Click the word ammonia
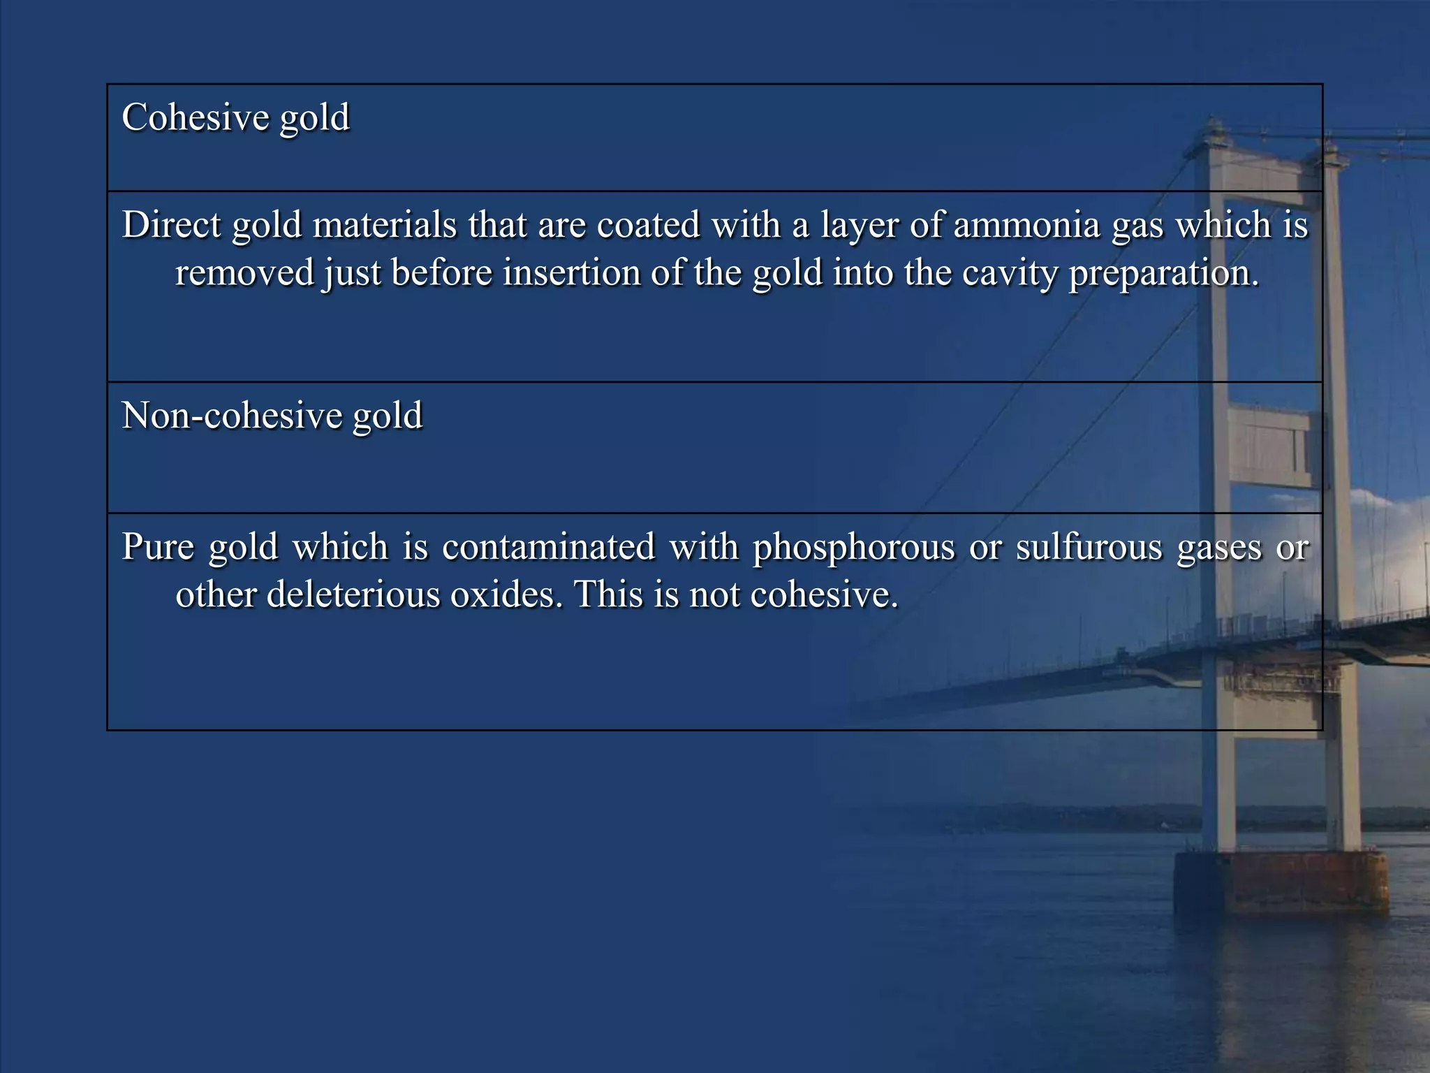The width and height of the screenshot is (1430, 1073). point(1026,226)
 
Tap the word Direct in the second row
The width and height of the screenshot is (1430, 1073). point(171,226)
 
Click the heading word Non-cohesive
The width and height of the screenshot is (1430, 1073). point(230,416)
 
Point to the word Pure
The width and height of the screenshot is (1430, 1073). point(158,546)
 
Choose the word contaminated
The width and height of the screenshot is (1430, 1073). point(549,546)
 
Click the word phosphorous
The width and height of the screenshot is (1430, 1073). point(853,548)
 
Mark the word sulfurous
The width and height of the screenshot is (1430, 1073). point(1089,546)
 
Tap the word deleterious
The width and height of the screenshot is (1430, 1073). point(353,595)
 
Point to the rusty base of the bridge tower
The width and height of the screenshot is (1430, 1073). point(1281,883)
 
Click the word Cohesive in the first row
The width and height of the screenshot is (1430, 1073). point(196,117)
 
